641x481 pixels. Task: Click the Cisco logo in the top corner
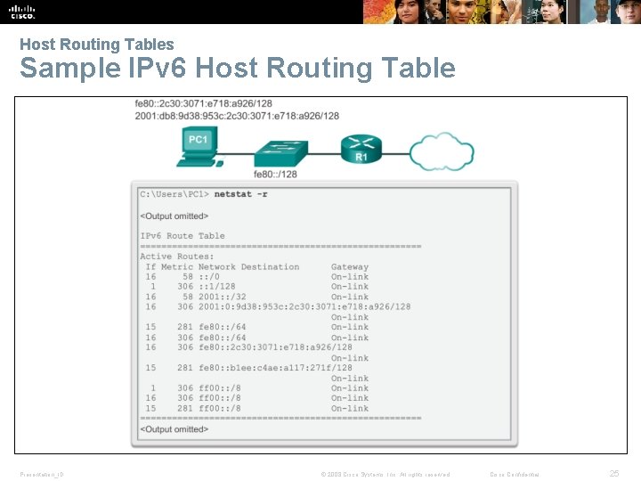coord(21,12)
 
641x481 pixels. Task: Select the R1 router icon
coord(361,149)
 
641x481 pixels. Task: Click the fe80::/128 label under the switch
coord(275,175)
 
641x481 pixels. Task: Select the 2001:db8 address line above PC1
coord(237,116)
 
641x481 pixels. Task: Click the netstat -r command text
coord(240,194)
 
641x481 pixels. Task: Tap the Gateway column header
coord(349,266)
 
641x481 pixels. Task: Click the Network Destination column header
coord(248,266)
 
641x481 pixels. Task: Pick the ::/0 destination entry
coord(209,277)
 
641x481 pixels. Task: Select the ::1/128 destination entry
coord(217,287)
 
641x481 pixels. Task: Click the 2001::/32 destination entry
coord(222,298)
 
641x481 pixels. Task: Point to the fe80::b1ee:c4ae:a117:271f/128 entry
coord(275,368)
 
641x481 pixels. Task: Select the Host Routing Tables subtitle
coord(97,44)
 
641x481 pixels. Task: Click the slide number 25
coord(613,474)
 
